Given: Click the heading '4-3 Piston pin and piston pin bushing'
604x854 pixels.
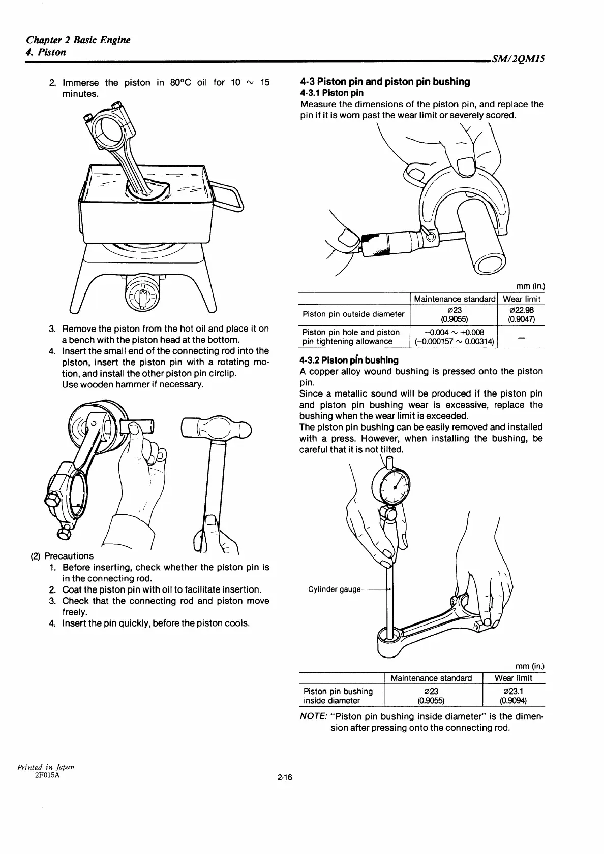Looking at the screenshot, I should [385, 82].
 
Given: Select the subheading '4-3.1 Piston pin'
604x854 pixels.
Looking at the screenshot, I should [331, 93].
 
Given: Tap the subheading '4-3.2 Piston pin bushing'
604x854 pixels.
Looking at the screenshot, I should [349, 360].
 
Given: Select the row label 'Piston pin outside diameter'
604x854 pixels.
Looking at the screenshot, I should [353, 314].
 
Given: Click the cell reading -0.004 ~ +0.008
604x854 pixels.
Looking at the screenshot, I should [454, 332].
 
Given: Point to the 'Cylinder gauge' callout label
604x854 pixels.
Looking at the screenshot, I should [334, 589].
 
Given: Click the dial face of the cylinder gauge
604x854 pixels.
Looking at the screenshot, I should [394, 485].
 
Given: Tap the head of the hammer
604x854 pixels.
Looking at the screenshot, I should [216, 428].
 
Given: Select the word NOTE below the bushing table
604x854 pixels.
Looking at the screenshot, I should [312, 717].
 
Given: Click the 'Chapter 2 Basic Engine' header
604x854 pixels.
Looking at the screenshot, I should [78, 40].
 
